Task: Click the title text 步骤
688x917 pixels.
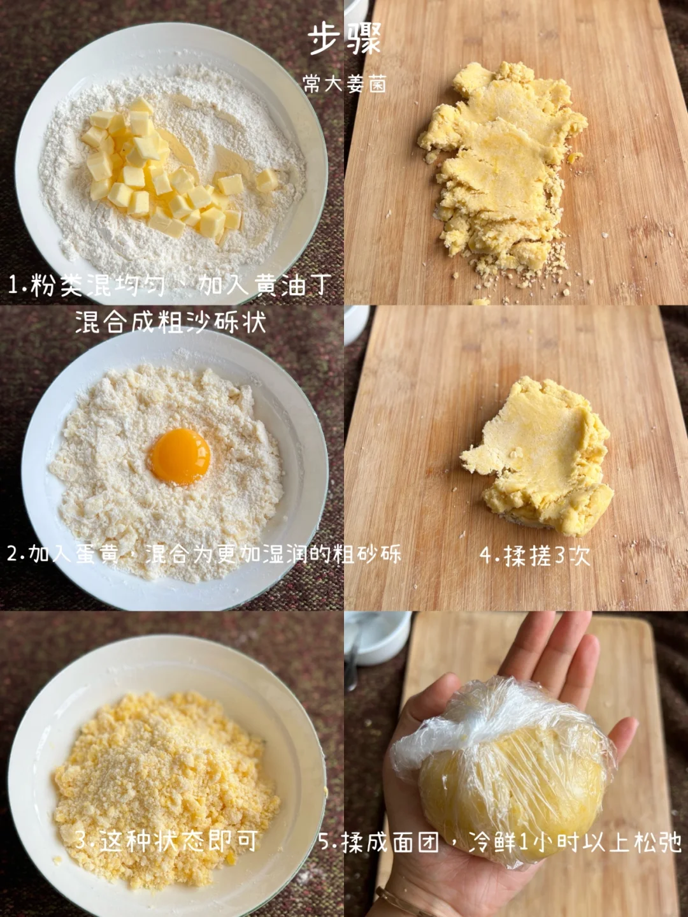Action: pos(345,38)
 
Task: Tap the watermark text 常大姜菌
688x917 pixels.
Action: pos(345,84)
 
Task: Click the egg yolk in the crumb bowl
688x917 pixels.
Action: pos(181,456)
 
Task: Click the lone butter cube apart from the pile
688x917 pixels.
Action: pos(267,180)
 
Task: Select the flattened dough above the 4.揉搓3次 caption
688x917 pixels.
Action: pos(538,456)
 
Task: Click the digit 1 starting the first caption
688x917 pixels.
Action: pos(13,286)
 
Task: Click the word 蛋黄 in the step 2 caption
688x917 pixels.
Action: pos(99,554)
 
